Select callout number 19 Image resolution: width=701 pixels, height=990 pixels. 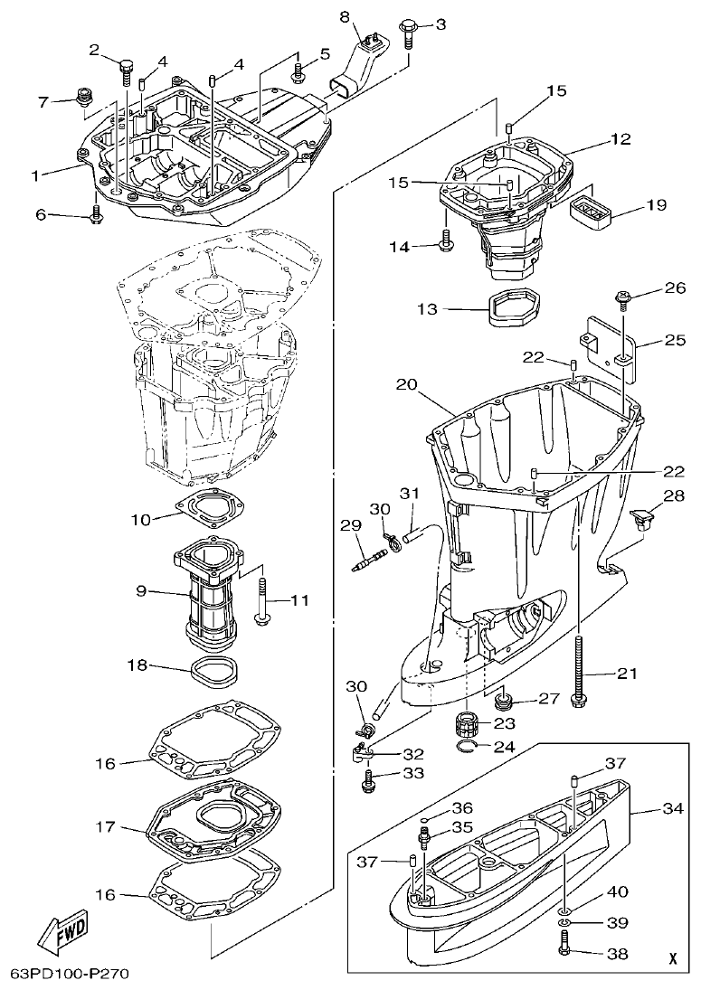(x=656, y=205)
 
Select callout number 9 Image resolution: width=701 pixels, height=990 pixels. (x=141, y=590)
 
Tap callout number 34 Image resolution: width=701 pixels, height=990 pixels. (x=672, y=808)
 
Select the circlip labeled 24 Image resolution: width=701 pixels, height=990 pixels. (x=466, y=746)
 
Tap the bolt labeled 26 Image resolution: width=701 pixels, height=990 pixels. (x=625, y=296)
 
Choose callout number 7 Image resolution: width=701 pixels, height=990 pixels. (x=43, y=101)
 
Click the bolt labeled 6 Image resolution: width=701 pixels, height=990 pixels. (x=96, y=214)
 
